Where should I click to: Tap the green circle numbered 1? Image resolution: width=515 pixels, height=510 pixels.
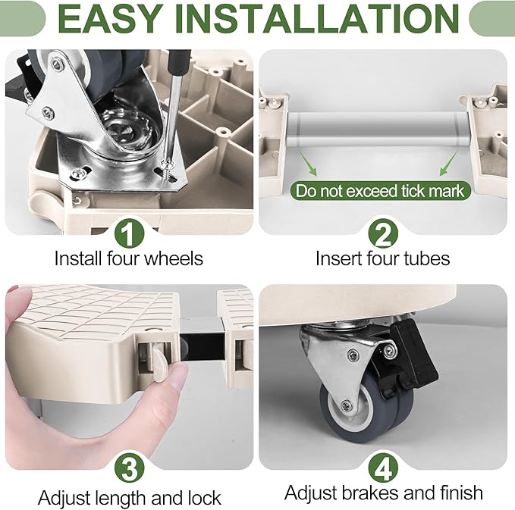tap(128, 231)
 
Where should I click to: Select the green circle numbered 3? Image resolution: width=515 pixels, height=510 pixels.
tap(128, 468)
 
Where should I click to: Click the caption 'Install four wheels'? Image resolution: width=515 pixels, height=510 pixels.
tap(129, 258)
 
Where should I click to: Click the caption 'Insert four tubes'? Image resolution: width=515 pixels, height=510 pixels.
tap(382, 258)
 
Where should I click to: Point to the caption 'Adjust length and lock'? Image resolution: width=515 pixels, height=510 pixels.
tap(130, 498)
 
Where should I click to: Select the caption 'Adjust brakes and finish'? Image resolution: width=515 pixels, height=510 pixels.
tap(383, 493)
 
